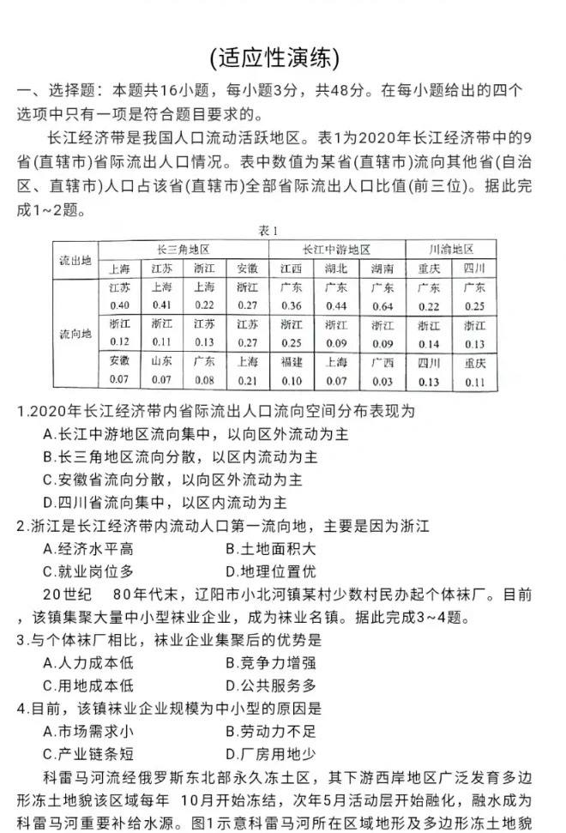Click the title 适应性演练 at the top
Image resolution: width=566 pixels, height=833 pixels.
coord(274,57)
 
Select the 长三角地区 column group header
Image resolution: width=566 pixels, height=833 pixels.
coord(183,250)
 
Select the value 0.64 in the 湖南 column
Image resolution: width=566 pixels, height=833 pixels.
coord(382,306)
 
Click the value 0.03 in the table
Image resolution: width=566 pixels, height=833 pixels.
coord(382,380)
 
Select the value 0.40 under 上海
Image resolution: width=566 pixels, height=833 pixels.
coord(120,306)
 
